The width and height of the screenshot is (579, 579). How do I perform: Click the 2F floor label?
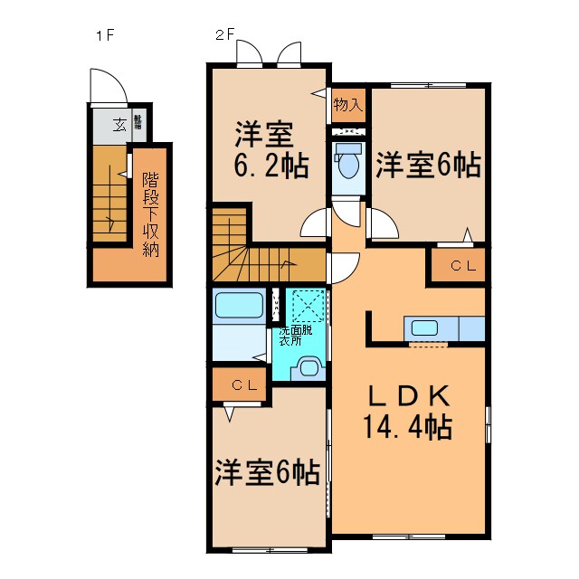pyautogui.click(x=224, y=37)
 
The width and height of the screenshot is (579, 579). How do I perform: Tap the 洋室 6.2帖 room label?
pyautogui.click(x=265, y=150)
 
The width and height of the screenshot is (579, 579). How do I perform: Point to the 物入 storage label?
pyautogui.click(x=347, y=104)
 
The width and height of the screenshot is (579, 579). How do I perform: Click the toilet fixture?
pyautogui.click(x=346, y=164)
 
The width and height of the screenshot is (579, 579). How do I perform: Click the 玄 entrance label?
pyautogui.click(x=119, y=126)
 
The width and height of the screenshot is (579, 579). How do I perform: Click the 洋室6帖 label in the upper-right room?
pyautogui.click(x=427, y=166)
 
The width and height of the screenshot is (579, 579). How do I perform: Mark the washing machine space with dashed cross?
pyautogui.click(x=307, y=304)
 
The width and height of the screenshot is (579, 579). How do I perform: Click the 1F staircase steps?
pyautogui.click(x=109, y=194)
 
